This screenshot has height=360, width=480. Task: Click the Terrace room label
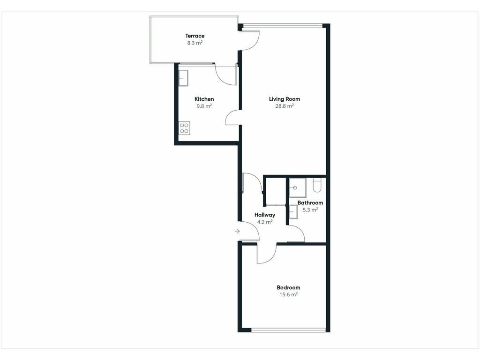pos(195,36)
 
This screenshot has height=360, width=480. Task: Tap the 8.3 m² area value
pos(195,43)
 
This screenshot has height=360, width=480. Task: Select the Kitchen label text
pos(204,99)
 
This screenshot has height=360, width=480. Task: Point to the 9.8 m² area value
pos(204,106)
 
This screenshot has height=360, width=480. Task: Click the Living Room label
pos(285,99)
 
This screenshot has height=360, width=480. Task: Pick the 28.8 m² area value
pos(285,106)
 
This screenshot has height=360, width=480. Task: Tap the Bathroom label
pos(310,202)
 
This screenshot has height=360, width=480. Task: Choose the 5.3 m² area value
pos(310,210)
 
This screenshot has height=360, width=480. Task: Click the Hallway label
pos(265,215)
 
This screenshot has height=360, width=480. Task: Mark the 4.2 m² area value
pos(265,222)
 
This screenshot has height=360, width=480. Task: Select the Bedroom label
pos(288,287)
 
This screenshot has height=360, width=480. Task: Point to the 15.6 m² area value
pos(288,295)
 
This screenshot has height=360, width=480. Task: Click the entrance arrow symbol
pos(237,231)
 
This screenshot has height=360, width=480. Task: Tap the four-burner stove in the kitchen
pos(184,128)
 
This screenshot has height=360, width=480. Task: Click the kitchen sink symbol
pos(183,78)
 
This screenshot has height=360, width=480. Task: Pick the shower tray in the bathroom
pos(298,187)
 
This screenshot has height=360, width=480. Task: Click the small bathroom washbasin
pos(293,212)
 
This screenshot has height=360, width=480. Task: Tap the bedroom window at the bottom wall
pos(288,330)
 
